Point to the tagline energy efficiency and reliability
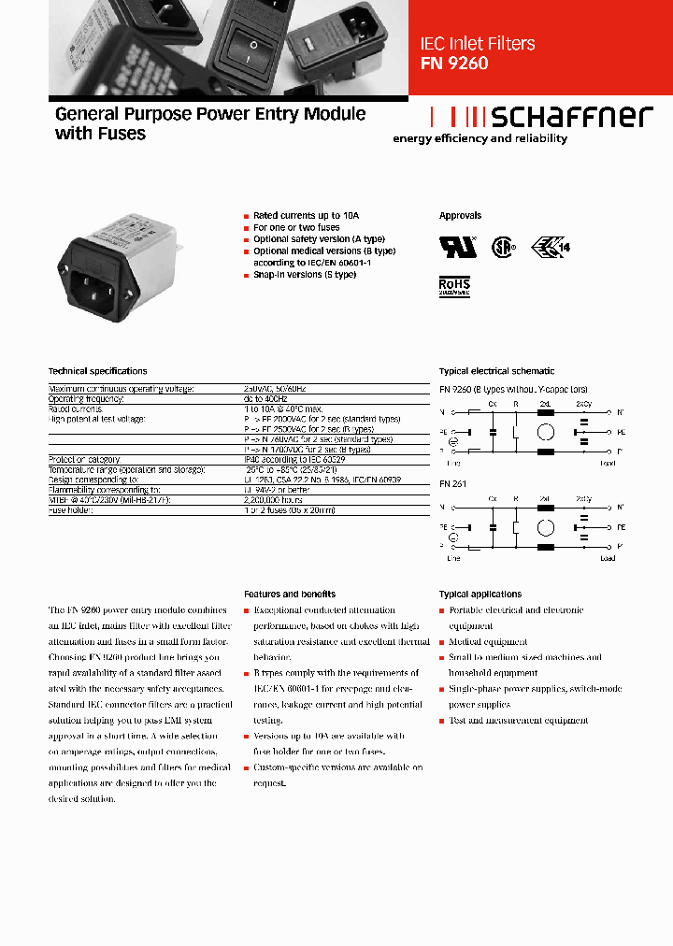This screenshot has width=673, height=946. click(x=480, y=138)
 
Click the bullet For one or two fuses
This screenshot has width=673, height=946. click(x=296, y=227)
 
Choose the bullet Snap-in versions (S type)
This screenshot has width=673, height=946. click(x=305, y=275)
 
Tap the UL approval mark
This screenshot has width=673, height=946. click(x=458, y=246)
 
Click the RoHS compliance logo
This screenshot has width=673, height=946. click(x=454, y=285)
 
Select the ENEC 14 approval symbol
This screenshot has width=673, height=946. click(x=550, y=247)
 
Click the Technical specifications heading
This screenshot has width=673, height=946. click(x=97, y=371)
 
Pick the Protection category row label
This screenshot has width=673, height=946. click(x=84, y=459)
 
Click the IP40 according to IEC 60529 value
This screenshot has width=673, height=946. click(x=294, y=459)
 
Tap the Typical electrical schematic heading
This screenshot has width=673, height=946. click(x=496, y=371)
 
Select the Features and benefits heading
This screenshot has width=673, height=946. click(x=290, y=594)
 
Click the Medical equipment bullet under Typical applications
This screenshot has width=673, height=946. click(x=488, y=642)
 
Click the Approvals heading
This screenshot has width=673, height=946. click(x=460, y=216)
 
